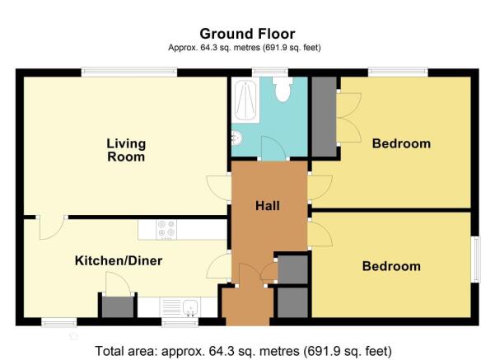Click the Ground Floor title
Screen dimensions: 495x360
pyautogui.click(x=247, y=34)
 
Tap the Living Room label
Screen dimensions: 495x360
pyautogui.click(x=126, y=150)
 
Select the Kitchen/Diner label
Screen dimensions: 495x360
pyautogui.click(x=119, y=261)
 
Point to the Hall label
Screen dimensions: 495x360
pyautogui.click(x=268, y=206)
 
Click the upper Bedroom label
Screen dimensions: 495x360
pyautogui.click(x=401, y=143)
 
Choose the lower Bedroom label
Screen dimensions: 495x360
pyautogui.click(x=391, y=266)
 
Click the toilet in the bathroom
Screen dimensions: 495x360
pyautogui.click(x=283, y=89)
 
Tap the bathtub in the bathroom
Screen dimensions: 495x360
pyautogui.click(x=245, y=101)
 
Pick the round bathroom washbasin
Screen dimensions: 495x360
pyautogui.click(x=236, y=138)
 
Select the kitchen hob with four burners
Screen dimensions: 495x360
pyautogui.click(x=166, y=229)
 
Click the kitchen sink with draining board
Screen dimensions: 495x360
pyautogui.click(x=179, y=307)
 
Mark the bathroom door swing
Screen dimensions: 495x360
pyautogui.click(x=273, y=148)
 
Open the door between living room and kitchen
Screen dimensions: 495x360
pyautogui.click(x=51, y=227)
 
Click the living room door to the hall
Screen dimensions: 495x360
pyautogui.click(x=219, y=188)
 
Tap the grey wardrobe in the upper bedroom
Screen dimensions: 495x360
pyautogui.click(x=325, y=116)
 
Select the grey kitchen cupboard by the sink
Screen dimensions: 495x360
pyautogui.click(x=118, y=307)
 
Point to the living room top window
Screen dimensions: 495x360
pyautogui.click(x=129, y=72)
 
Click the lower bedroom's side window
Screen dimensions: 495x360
pyautogui.click(x=476, y=259)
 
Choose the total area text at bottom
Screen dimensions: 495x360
pyautogui.click(x=244, y=351)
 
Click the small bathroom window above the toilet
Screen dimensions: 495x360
pyautogui.click(x=270, y=72)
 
